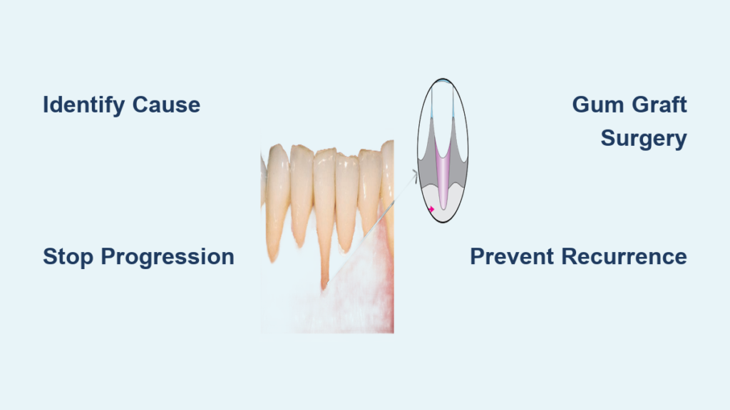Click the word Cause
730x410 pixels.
pos(166,105)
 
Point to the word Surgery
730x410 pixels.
pos(644,139)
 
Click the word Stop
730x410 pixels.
pos(68,257)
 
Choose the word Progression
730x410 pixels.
pos(168,257)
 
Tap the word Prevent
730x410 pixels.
pos(512,256)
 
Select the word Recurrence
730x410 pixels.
pos(624,256)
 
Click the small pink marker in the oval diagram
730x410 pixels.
pos(431,209)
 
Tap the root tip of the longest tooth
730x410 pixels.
pos(324,288)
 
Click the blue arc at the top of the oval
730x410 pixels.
pos(442,81)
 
